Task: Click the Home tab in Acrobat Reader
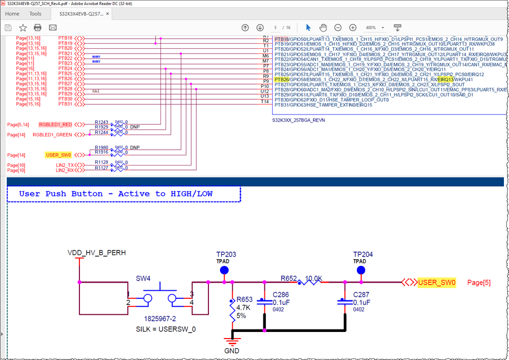(12, 14)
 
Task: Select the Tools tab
(36, 14)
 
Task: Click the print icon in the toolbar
(38, 27)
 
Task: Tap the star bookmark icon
(23, 27)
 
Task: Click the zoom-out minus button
(338, 27)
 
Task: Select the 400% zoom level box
(373, 27)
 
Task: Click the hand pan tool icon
(323, 27)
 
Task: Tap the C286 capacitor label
(281, 295)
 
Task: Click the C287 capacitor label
(362, 295)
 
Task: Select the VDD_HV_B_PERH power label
(96, 253)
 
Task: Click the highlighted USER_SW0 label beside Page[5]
(437, 283)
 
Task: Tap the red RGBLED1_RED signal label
(56, 125)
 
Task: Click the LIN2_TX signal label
(65, 165)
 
